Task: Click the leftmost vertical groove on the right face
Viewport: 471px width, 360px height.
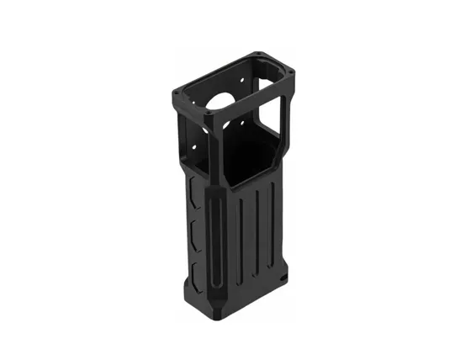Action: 241,240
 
